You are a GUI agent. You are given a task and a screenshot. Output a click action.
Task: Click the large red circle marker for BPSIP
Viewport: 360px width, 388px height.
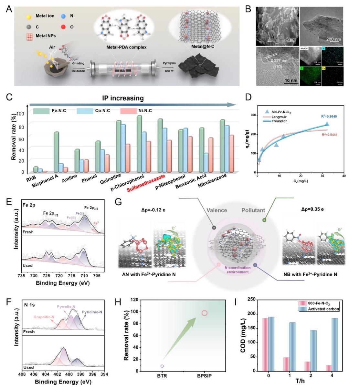[x=204, y=313]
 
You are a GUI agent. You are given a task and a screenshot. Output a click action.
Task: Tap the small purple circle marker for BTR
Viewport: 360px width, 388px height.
[x=162, y=366]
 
